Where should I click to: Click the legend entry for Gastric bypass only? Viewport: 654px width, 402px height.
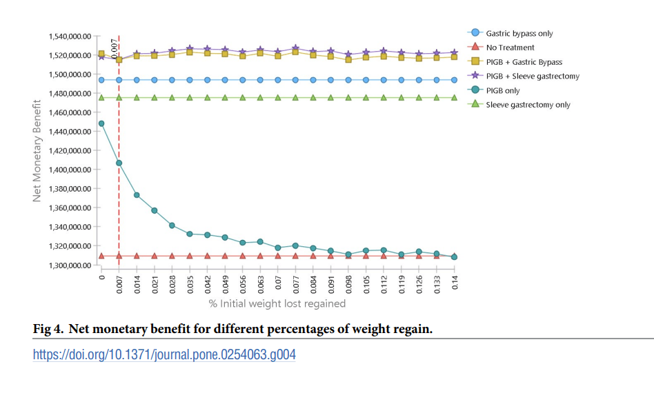519,33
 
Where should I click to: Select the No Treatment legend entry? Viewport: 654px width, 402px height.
510,48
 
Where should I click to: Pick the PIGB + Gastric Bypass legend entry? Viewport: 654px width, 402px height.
524,62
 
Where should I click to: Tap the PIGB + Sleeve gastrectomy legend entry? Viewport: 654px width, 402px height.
532,76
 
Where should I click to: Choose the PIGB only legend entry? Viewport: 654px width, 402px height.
503,90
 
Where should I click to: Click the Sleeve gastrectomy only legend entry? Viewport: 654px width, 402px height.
528,105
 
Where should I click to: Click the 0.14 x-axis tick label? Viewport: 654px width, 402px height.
455,283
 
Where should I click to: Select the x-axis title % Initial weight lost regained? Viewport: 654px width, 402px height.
277,303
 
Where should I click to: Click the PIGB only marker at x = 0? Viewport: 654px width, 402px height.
101,123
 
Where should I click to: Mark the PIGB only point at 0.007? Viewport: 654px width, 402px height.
119,163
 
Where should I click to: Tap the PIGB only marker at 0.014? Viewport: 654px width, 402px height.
137,195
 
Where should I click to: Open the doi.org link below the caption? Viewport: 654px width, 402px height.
165,355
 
